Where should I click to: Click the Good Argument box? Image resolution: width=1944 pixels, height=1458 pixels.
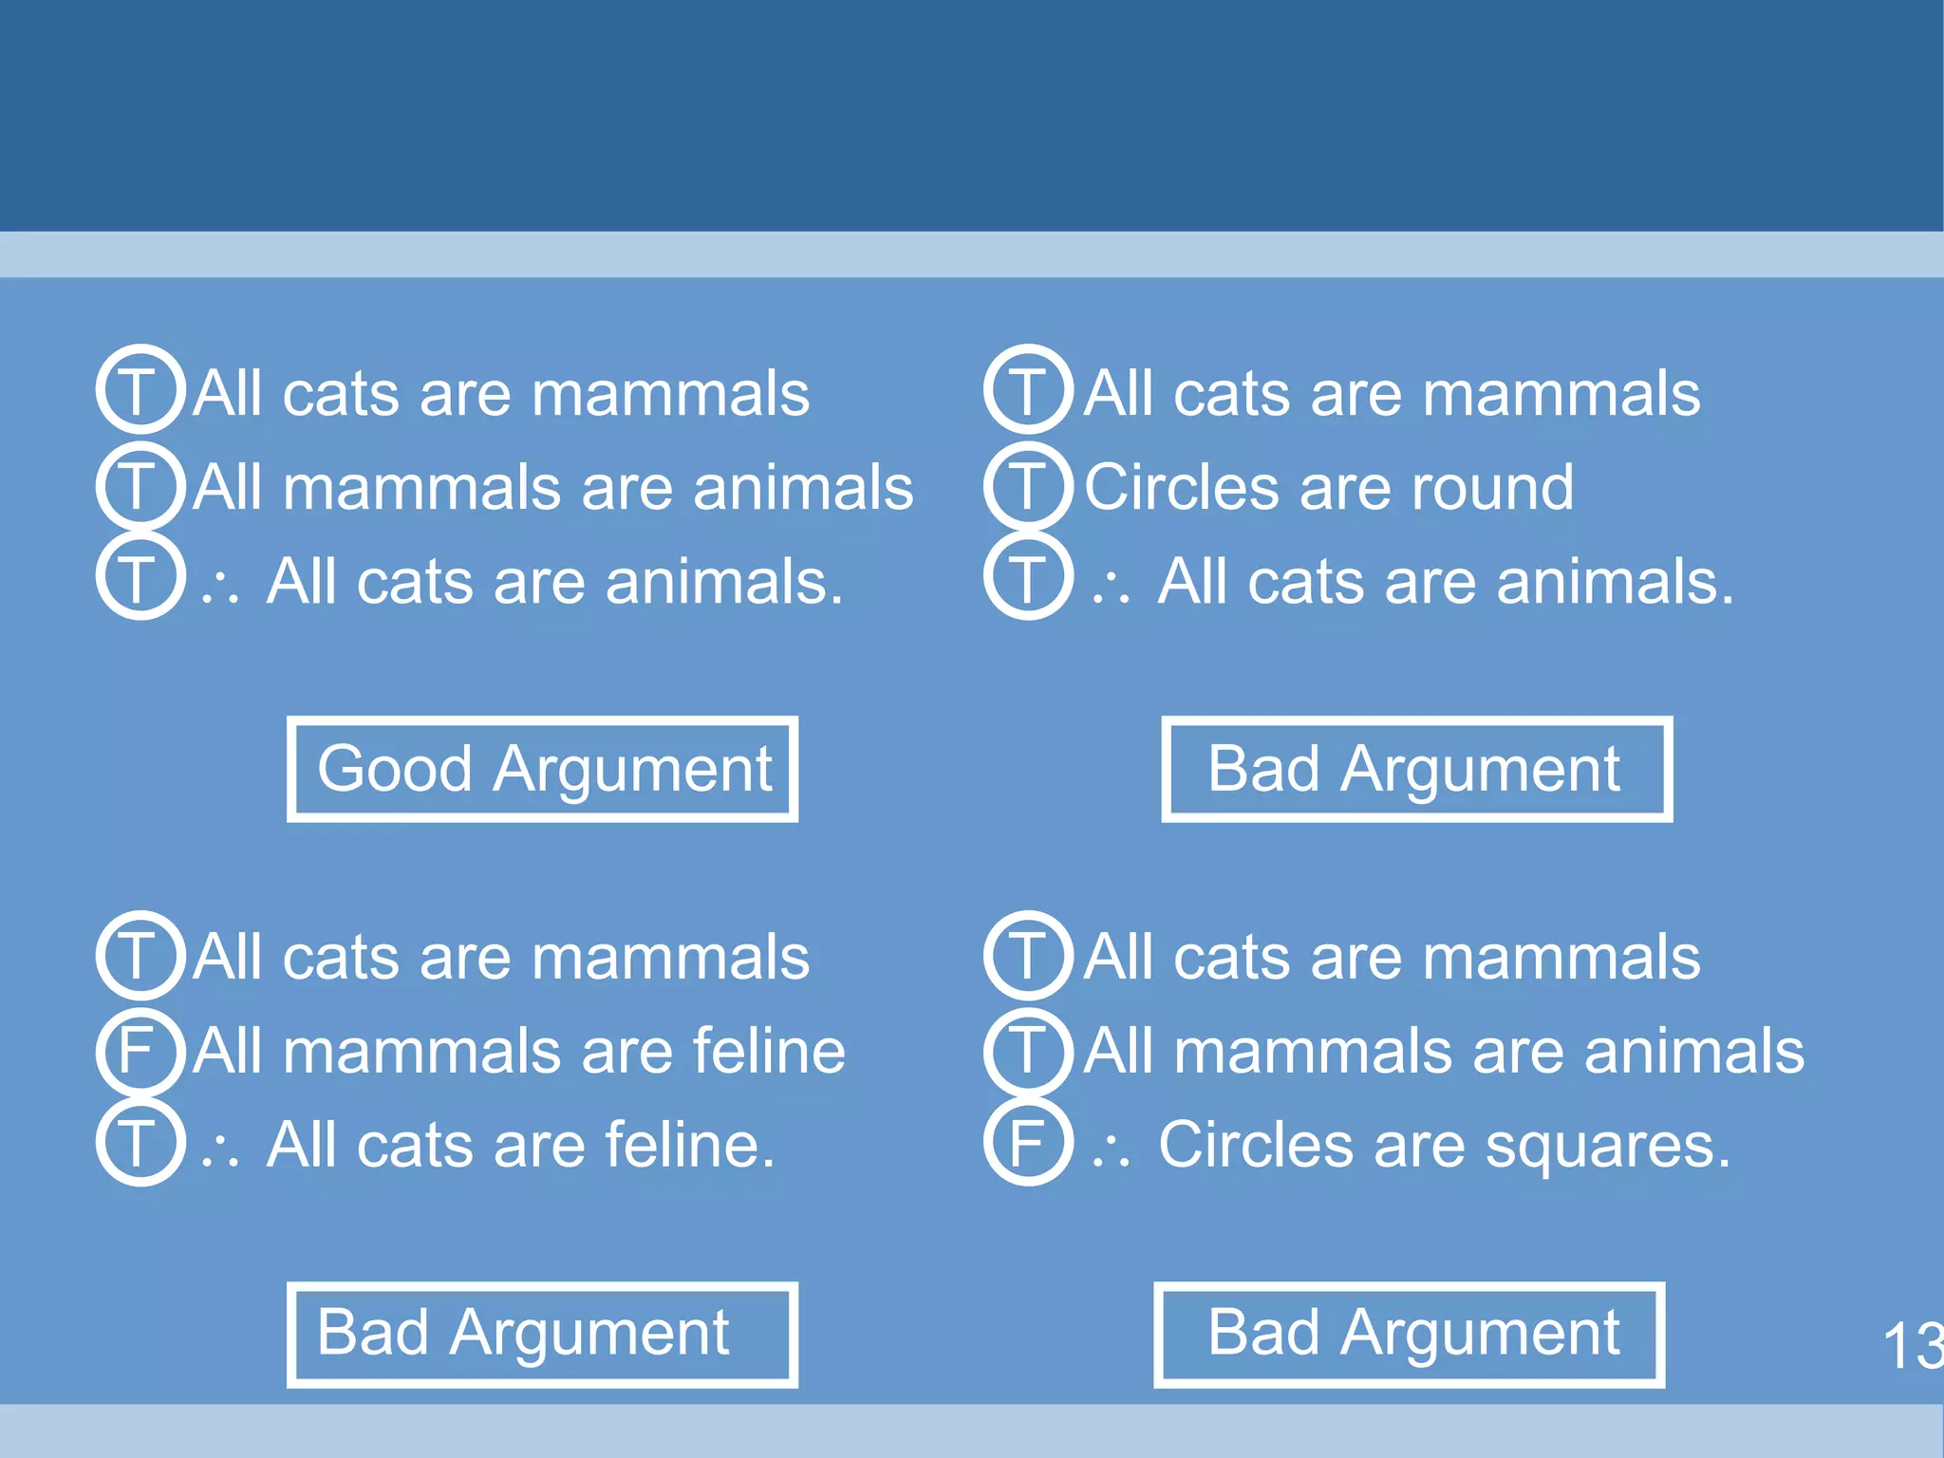pos(542,769)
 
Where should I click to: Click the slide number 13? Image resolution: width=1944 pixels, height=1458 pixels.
pos(1912,1346)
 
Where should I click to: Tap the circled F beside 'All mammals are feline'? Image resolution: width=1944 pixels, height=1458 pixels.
pos(140,1050)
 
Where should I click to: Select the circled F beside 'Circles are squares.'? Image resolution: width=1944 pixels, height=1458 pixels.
pos(1028,1143)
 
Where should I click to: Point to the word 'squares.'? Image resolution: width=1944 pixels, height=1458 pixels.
pos(1607,1146)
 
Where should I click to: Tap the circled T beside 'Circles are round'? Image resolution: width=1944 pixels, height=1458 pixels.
pos(1028,486)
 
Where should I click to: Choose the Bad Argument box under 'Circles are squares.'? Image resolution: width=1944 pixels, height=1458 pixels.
pos(1409,1335)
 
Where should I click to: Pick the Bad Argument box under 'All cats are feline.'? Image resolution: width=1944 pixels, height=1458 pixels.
pos(542,1335)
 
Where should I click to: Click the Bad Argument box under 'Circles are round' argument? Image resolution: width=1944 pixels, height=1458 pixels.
pos(1416,769)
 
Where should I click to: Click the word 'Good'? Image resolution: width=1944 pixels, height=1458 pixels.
pos(394,769)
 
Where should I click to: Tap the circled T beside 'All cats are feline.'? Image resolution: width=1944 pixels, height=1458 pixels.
pos(140,1143)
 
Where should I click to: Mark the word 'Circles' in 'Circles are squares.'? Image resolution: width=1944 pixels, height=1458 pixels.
pos(1255,1145)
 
